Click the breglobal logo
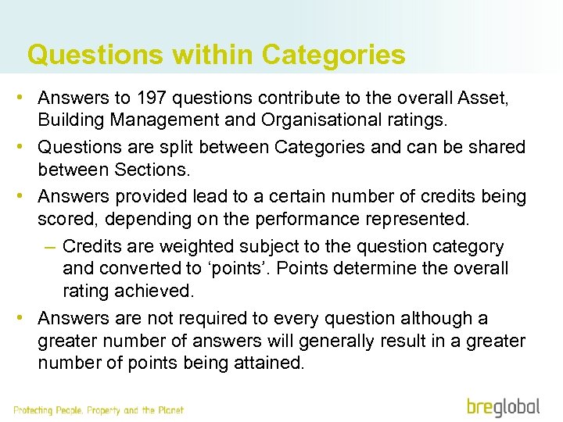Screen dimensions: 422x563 click(x=504, y=406)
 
